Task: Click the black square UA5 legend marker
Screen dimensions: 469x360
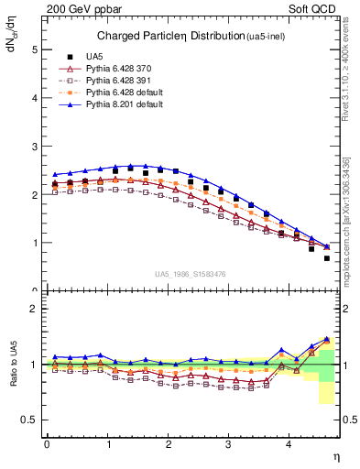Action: point(66,57)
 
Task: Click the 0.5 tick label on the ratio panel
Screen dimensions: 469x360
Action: point(29,420)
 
